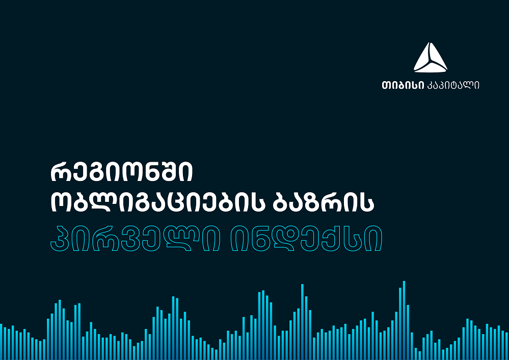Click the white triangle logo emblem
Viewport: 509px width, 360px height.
tap(430, 57)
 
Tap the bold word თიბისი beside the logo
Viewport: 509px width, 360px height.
tap(403, 85)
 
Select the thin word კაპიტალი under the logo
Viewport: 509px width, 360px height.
tap(453, 85)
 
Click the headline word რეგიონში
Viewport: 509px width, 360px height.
tap(122, 172)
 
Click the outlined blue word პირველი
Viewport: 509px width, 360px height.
tap(136, 239)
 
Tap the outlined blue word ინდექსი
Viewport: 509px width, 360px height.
tap(306, 239)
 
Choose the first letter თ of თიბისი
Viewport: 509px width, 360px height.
tap(386, 86)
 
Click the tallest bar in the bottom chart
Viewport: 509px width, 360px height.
tap(404, 320)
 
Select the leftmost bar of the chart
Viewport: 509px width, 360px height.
tap(1, 342)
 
